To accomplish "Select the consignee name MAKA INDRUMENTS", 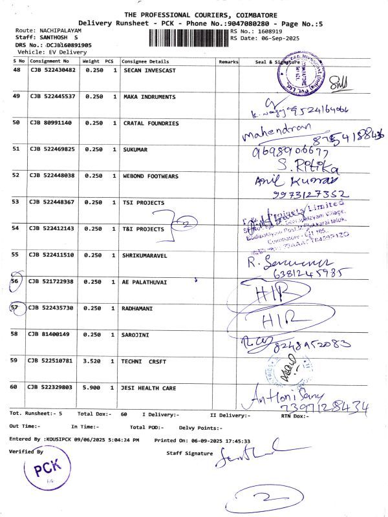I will pos(149,97).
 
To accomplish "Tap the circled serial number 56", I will pos(16,282).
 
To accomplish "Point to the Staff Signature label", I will pos(189,454).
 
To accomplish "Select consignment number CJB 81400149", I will pos(50,334).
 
